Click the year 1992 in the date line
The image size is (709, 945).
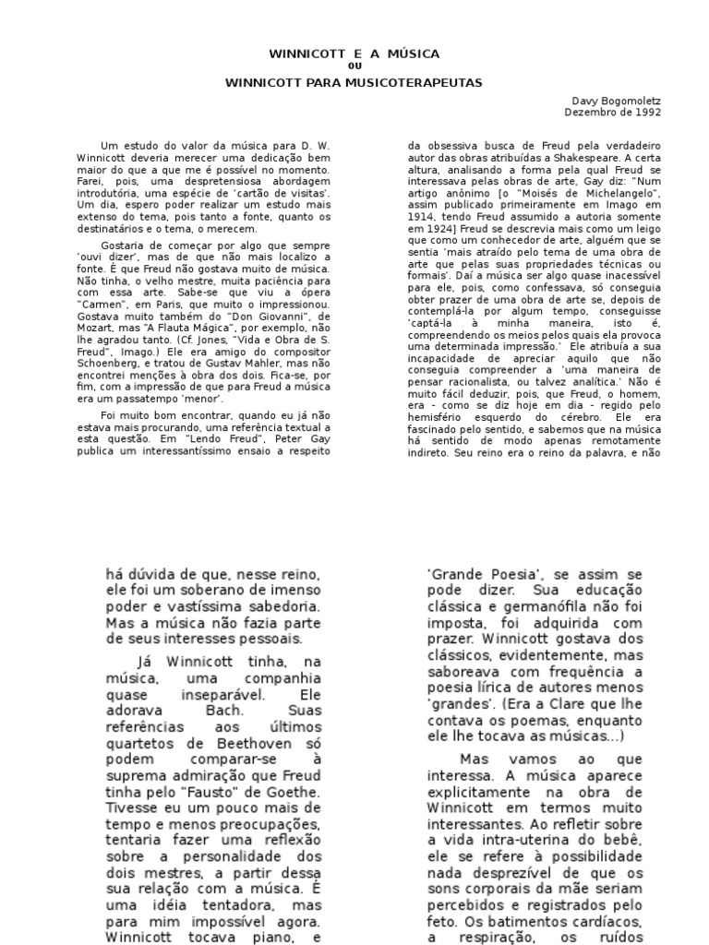(648, 112)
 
